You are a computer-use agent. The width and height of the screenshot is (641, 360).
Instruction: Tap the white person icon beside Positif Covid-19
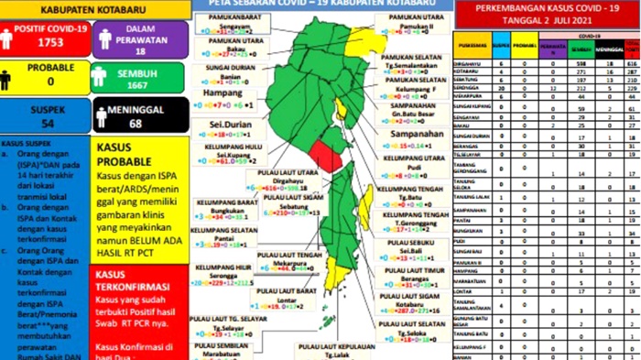click(8, 38)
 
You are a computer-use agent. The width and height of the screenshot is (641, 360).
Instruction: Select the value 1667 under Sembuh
click(136, 84)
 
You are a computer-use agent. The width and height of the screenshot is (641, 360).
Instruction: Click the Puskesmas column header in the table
click(471, 43)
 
